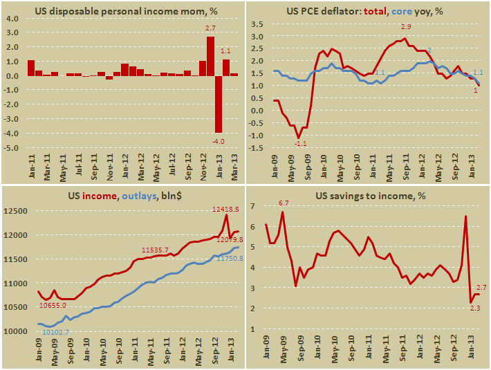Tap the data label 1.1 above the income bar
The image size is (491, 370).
(x=225, y=50)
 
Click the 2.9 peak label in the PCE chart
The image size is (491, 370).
(x=405, y=27)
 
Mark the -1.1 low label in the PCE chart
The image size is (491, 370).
(x=300, y=143)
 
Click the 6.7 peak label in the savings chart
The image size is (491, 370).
(x=283, y=203)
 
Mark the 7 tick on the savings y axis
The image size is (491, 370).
(x=253, y=206)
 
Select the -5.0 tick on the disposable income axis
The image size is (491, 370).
(x=12, y=148)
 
